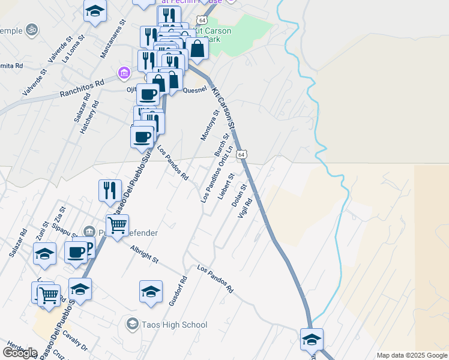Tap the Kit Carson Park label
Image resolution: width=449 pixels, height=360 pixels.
(214, 35)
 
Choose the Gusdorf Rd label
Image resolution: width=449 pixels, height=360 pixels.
(178, 292)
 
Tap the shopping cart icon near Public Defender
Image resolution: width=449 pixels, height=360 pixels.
(118, 225)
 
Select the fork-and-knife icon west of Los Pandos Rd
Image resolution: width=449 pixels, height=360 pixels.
(110, 190)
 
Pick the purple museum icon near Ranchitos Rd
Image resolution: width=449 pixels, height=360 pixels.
(124, 73)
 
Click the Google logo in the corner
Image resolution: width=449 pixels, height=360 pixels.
(20, 353)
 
